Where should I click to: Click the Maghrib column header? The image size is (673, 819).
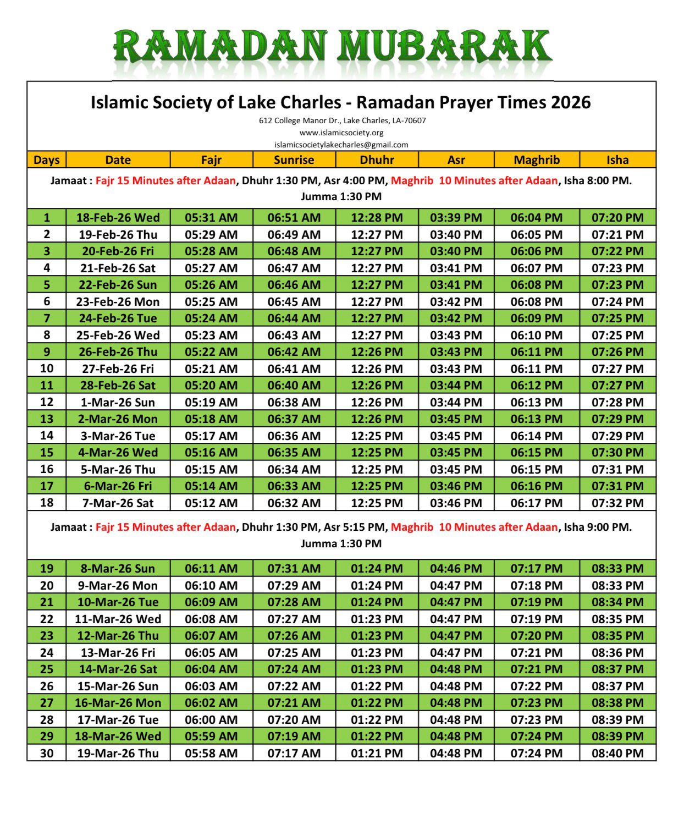(x=536, y=160)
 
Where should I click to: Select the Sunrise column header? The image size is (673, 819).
(x=294, y=160)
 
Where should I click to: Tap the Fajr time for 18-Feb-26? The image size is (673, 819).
(x=211, y=217)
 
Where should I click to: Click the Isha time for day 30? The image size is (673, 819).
(x=617, y=753)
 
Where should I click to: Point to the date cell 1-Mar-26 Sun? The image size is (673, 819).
(x=118, y=402)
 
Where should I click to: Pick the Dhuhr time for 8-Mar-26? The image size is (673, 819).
(x=377, y=568)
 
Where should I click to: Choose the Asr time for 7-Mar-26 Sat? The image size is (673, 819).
(x=456, y=503)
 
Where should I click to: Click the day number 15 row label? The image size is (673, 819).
(x=47, y=452)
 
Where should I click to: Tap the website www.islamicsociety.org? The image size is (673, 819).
(x=341, y=133)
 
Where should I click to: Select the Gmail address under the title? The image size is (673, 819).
(x=341, y=145)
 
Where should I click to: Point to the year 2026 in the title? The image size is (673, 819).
(x=571, y=102)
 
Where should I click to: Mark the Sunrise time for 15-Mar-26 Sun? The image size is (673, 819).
(x=294, y=686)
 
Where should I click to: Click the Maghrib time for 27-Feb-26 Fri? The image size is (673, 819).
(x=536, y=369)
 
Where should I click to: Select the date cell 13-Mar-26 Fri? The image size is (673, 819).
(x=118, y=652)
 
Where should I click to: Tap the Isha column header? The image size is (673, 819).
(x=617, y=160)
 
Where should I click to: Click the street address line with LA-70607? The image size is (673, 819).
(x=342, y=120)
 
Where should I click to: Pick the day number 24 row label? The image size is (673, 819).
(x=47, y=652)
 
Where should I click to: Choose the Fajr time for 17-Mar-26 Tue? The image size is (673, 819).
(x=211, y=719)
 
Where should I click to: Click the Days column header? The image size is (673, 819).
(x=47, y=160)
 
